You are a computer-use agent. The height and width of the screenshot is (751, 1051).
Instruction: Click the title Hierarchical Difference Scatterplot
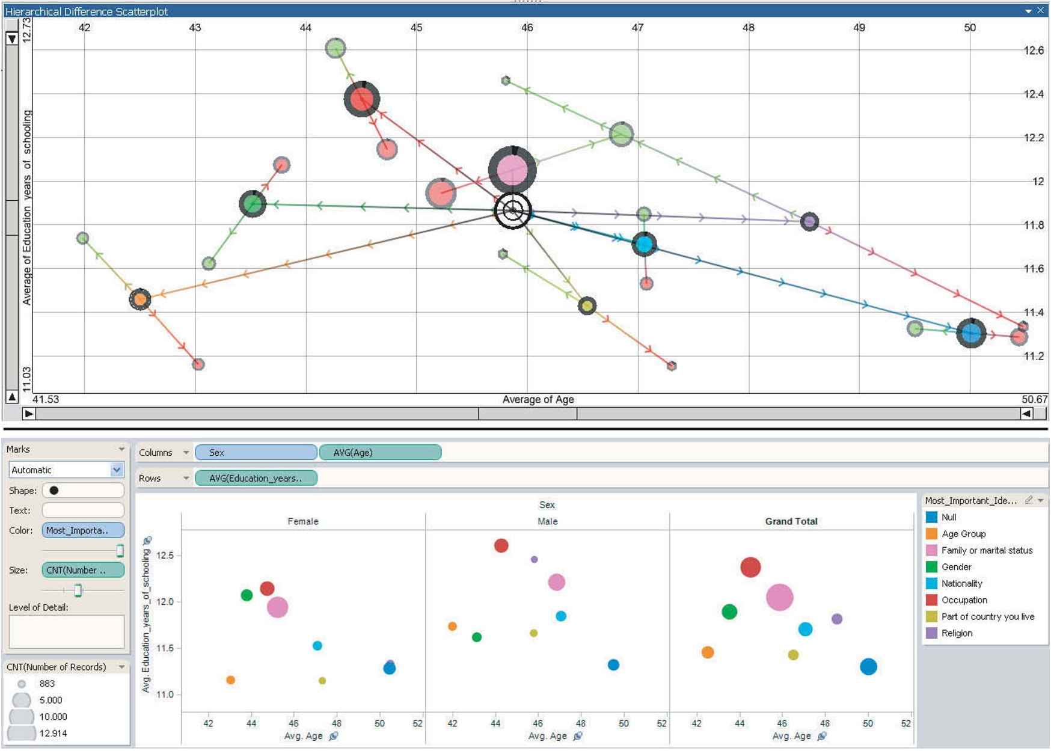click(x=87, y=11)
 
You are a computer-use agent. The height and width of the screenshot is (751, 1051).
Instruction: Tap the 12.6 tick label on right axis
click(x=1034, y=51)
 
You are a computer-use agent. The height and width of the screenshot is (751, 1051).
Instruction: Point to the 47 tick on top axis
click(x=637, y=28)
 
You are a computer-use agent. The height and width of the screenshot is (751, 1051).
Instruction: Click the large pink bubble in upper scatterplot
click(x=512, y=170)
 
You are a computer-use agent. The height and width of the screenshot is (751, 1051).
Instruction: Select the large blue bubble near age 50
click(x=971, y=333)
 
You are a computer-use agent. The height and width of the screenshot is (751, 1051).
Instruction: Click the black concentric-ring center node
click(x=513, y=210)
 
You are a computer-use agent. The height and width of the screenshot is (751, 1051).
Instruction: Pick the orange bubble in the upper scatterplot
click(x=140, y=299)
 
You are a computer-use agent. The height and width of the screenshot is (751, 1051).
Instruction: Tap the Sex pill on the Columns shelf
click(x=256, y=453)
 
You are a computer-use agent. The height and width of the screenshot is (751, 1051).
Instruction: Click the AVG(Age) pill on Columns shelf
click(x=380, y=453)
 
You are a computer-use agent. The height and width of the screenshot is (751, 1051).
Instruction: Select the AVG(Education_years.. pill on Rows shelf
click(x=256, y=479)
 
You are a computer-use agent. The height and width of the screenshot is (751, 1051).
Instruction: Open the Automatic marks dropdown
click(x=117, y=470)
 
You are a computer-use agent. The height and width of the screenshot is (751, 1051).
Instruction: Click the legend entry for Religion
click(x=956, y=633)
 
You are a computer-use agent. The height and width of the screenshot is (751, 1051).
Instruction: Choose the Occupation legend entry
click(x=964, y=600)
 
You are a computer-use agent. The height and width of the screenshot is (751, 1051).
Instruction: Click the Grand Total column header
click(x=791, y=521)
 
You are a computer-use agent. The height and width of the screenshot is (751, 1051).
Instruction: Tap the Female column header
click(x=303, y=521)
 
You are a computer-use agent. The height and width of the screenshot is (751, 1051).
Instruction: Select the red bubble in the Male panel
click(x=501, y=545)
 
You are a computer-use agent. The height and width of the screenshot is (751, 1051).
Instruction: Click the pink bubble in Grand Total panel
click(x=780, y=597)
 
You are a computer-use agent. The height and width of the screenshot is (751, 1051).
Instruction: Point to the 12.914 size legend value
click(x=53, y=733)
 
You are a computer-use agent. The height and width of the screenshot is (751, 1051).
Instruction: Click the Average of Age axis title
click(x=538, y=399)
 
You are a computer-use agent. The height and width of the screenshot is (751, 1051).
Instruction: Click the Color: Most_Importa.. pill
click(x=83, y=530)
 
